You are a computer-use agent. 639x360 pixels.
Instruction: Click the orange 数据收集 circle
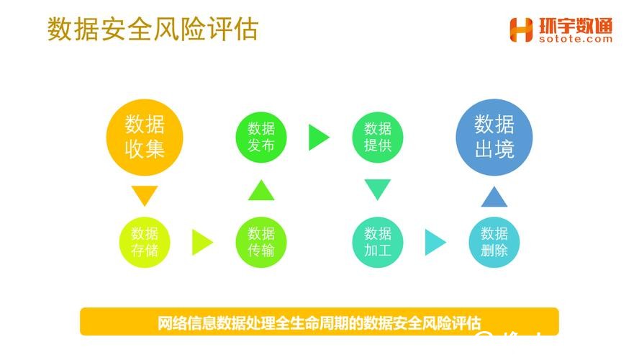click(x=145, y=137)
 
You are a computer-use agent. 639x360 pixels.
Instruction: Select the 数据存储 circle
click(x=145, y=242)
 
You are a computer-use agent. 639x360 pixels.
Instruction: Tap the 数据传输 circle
click(x=261, y=242)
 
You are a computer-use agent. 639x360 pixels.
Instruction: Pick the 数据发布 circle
click(x=261, y=137)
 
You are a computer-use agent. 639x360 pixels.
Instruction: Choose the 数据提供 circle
click(x=378, y=137)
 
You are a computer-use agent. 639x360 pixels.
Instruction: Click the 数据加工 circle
click(x=378, y=242)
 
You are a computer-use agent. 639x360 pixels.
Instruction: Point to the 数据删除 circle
click(x=494, y=242)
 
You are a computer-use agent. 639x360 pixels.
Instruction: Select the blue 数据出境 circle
click(x=494, y=137)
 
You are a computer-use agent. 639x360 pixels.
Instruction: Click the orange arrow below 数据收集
click(x=145, y=195)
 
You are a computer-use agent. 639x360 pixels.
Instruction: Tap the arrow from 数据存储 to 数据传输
click(x=202, y=242)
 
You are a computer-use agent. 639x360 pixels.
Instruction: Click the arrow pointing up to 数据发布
click(x=261, y=190)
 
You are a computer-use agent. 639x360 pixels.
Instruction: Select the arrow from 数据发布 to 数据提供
click(x=319, y=137)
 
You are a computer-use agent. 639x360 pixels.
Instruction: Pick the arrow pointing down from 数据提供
click(x=378, y=189)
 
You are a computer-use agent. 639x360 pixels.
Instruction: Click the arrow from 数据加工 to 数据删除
click(x=435, y=242)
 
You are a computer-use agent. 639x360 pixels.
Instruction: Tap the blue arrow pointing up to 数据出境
click(x=494, y=196)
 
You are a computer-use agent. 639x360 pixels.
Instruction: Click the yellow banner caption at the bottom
click(x=319, y=322)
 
